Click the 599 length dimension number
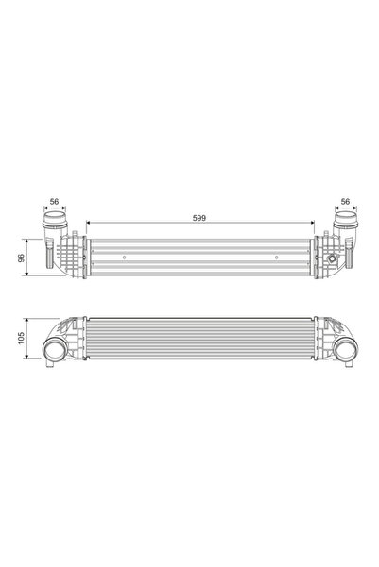click(198, 218)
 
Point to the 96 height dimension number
click(21, 257)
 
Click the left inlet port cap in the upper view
click(53, 226)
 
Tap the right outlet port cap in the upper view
click(344, 226)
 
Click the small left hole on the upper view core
click(126, 256)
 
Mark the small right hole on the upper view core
click(275, 256)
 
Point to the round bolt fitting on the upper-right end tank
click(331, 258)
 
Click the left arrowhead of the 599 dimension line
click(88, 224)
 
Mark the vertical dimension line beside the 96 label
click(29, 257)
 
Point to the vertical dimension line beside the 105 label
click(29, 339)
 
